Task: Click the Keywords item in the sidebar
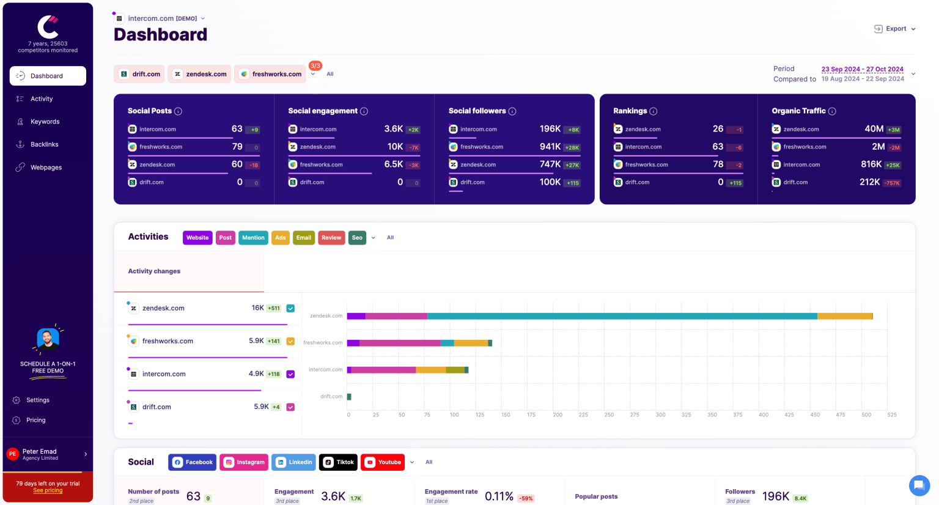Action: [45, 122]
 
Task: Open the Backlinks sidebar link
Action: [44, 144]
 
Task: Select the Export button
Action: [895, 29]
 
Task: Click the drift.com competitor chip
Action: [140, 74]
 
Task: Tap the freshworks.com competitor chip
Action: [270, 74]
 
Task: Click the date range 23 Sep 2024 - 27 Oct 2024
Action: [862, 69]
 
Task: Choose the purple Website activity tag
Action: [197, 238]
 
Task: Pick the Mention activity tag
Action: [253, 238]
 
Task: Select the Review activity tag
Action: [331, 238]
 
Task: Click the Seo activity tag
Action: [357, 238]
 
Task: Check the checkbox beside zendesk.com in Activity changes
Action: [290, 309]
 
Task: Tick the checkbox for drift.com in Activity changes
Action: [290, 407]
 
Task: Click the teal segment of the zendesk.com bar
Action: [622, 316]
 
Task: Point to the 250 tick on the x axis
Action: [609, 415]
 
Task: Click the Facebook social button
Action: [193, 462]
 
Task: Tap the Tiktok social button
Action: [338, 462]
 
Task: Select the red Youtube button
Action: [383, 462]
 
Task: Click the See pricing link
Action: [48, 490]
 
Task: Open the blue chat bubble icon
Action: [919, 485]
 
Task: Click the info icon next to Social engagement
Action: [364, 111]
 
